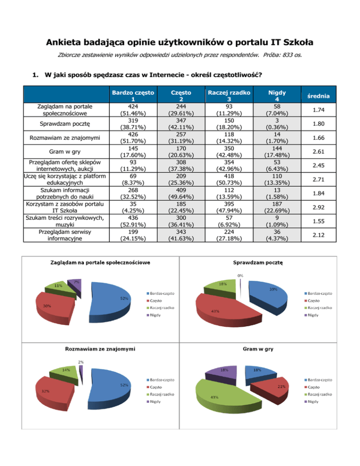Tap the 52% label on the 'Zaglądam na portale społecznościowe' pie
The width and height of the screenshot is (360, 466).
point(125,298)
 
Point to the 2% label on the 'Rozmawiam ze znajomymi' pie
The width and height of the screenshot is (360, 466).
point(81,362)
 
